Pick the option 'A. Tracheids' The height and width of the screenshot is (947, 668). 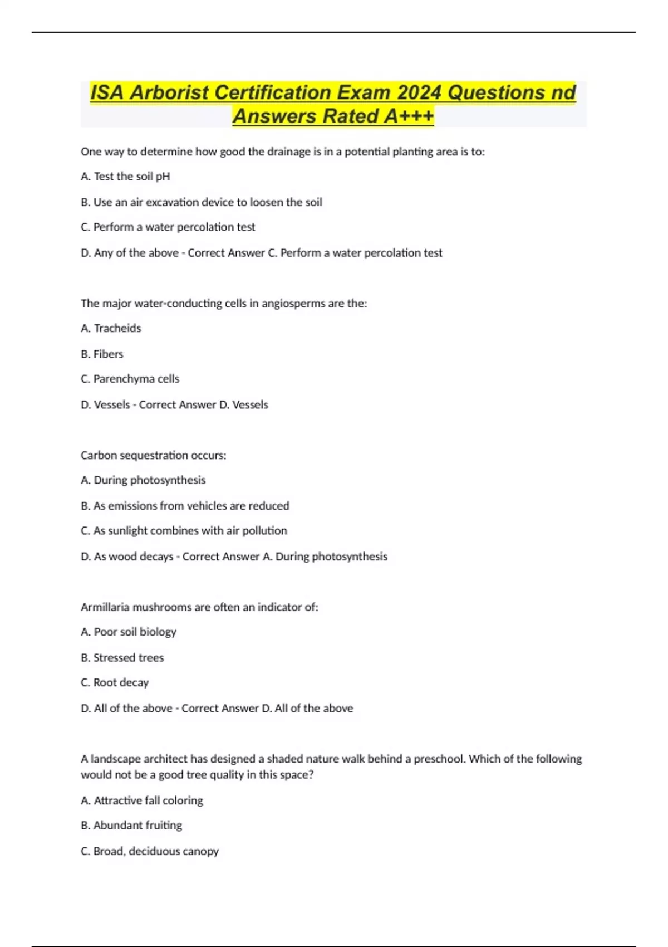point(111,328)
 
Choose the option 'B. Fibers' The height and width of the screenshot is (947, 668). point(102,354)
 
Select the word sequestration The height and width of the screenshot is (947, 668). point(154,455)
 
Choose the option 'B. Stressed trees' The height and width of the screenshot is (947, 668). point(122,658)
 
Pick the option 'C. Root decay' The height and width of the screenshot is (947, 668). point(115,682)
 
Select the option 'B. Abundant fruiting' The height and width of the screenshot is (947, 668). point(131,825)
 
